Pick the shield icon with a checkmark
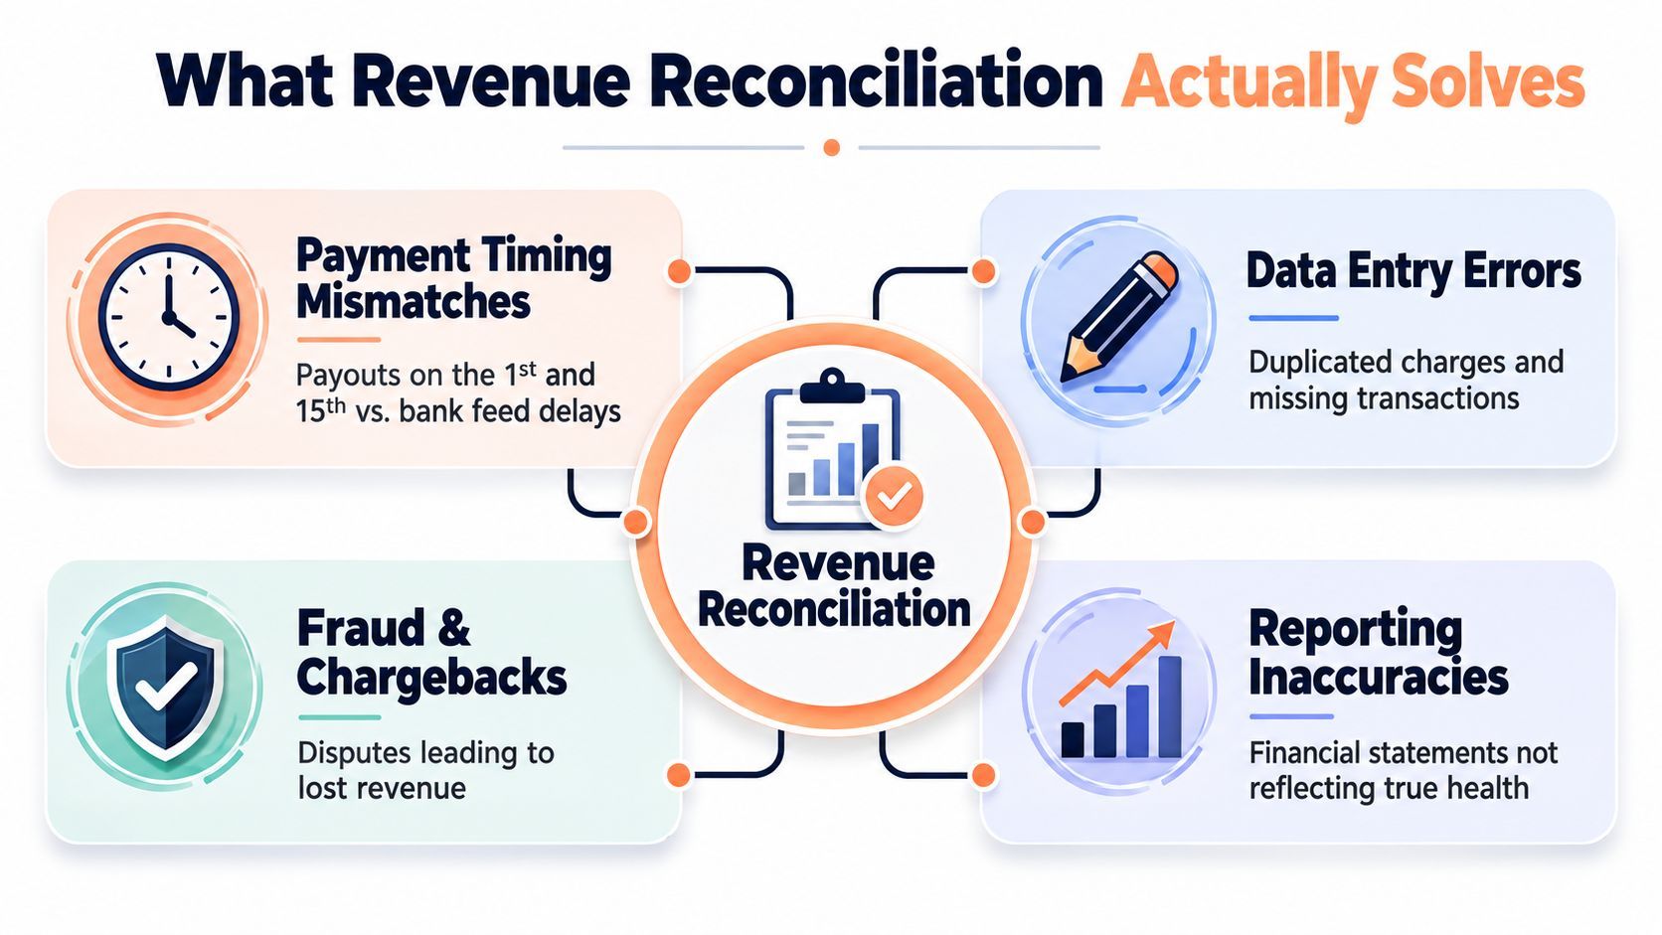click(166, 689)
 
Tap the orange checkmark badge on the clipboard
click(894, 497)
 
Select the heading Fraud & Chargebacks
click(431, 653)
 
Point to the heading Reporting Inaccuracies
click(1378, 653)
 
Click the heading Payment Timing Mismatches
click(454, 278)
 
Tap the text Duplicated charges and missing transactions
click(1406, 381)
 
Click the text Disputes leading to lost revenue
click(425, 770)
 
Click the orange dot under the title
click(832, 148)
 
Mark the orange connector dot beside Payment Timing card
click(679, 271)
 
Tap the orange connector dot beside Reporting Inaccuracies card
click(983, 775)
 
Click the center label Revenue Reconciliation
click(835, 586)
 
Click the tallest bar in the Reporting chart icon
click(1169, 706)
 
